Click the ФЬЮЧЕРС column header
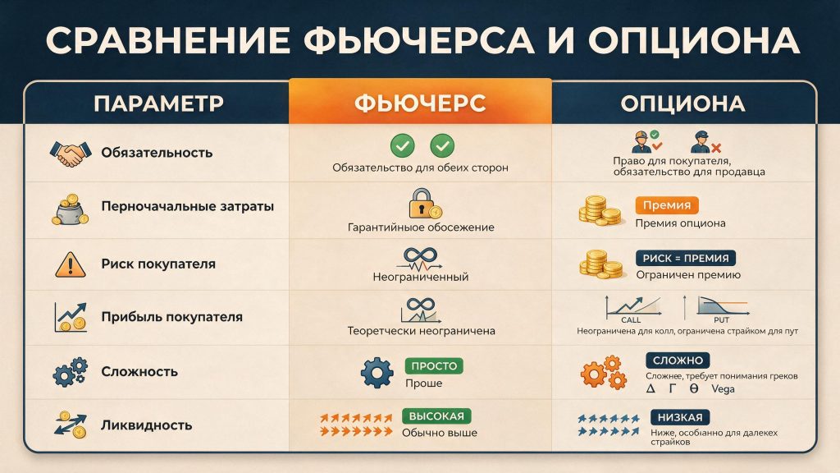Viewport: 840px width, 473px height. click(x=420, y=103)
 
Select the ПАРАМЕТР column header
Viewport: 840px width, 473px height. click(x=158, y=103)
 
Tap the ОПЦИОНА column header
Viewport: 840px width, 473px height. click(x=682, y=103)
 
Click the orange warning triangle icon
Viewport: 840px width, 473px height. click(x=71, y=264)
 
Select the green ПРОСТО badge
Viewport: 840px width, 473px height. click(x=434, y=365)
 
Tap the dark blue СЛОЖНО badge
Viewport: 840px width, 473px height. click(x=678, y=360)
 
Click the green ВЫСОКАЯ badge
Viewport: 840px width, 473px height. click(x=436, y=416)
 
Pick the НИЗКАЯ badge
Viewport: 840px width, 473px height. click(x=680, y=417)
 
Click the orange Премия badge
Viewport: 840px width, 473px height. click(x=666, y=204)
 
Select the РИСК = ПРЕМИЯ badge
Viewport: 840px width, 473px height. click(x=686, y=258)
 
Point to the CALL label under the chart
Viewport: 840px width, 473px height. click(x=631, y=319)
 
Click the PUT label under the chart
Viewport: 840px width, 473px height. click(x=721, y=319)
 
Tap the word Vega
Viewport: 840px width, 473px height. click(x=723, y=388)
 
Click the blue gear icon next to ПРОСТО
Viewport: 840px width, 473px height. click(x=377, y=372)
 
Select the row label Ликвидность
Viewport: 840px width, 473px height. click(x=146, y=425)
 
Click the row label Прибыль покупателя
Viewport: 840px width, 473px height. click(x=172, y=317)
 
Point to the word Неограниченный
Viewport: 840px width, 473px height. click(x=421, y=277)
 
